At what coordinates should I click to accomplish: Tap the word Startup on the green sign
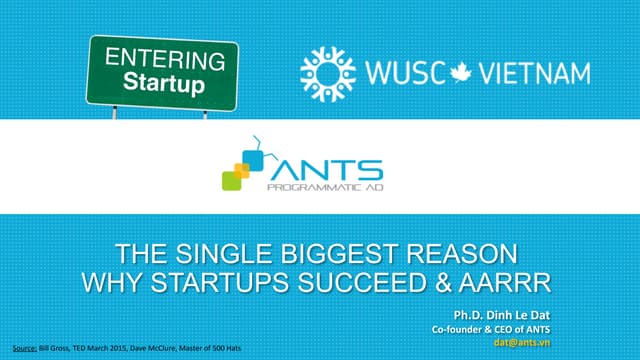tap(164, 82)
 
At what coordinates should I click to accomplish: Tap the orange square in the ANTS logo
tap(241, 164)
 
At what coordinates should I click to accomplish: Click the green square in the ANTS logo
tap(231, 180)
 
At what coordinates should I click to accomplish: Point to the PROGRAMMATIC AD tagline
tap(319, 186)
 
